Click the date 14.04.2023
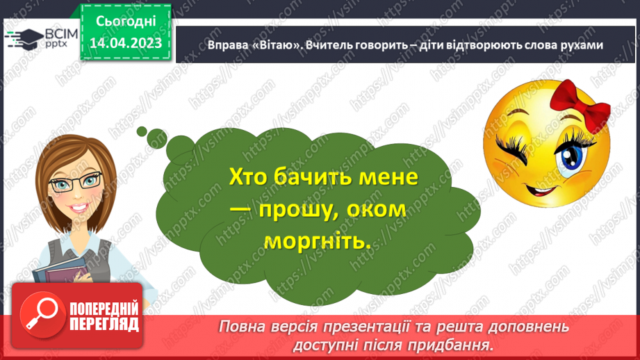tap(126, 43)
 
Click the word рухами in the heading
tap(578, 44)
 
